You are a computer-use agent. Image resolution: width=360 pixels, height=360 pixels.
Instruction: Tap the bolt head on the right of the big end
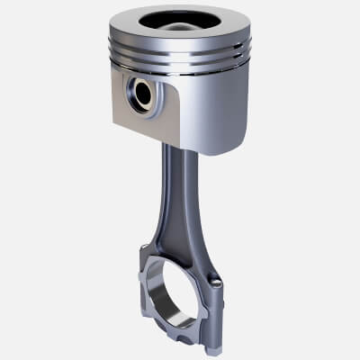(216, 284)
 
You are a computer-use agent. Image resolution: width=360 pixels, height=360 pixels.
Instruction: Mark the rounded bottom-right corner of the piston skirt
(236, 144)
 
